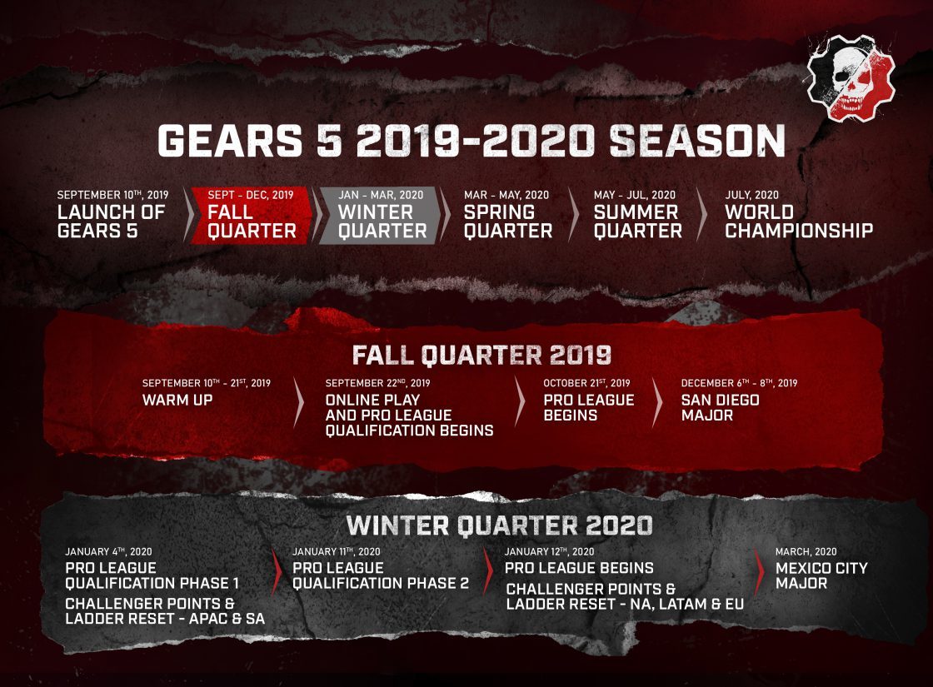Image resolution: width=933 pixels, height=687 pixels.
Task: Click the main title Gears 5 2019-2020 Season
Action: [x=471, y=142]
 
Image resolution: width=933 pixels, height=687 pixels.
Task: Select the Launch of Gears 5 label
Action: [x=111, y=222]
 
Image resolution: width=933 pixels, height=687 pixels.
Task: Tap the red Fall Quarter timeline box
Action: [x=252, y=216]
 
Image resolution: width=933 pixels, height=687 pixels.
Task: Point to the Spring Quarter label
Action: [x=507, y=222]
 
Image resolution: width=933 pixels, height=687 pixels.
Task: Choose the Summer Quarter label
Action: [x=637, y=222]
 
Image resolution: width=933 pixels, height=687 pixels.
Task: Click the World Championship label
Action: [x=798, y=222]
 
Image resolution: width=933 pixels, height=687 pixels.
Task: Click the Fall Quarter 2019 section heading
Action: [x=482, y=354]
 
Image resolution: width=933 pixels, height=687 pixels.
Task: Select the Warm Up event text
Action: [x=177, y=400]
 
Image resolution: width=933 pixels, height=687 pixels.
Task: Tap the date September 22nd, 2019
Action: [x=378, y=383]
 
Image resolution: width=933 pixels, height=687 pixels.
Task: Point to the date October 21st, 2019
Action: [x=586, y=383]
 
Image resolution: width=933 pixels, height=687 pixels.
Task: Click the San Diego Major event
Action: [x=720, y=407]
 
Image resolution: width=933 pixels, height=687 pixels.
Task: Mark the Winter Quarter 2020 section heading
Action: [x=499, y=525]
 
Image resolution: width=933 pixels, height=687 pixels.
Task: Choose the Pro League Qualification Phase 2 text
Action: [x=381, y=575]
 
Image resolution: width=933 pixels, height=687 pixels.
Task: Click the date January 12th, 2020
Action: [x=549, y=551]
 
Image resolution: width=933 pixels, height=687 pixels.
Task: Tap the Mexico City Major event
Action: [x=821, y=575]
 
